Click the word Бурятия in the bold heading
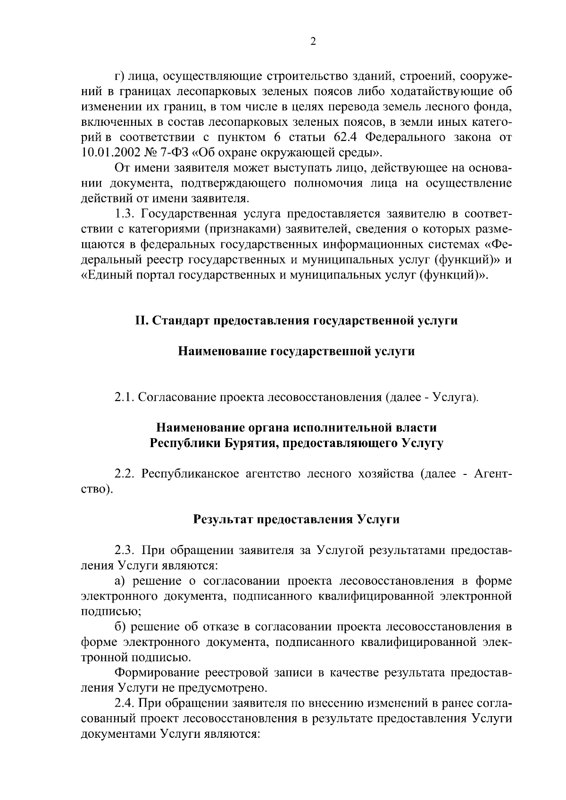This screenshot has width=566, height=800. point(246,443)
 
